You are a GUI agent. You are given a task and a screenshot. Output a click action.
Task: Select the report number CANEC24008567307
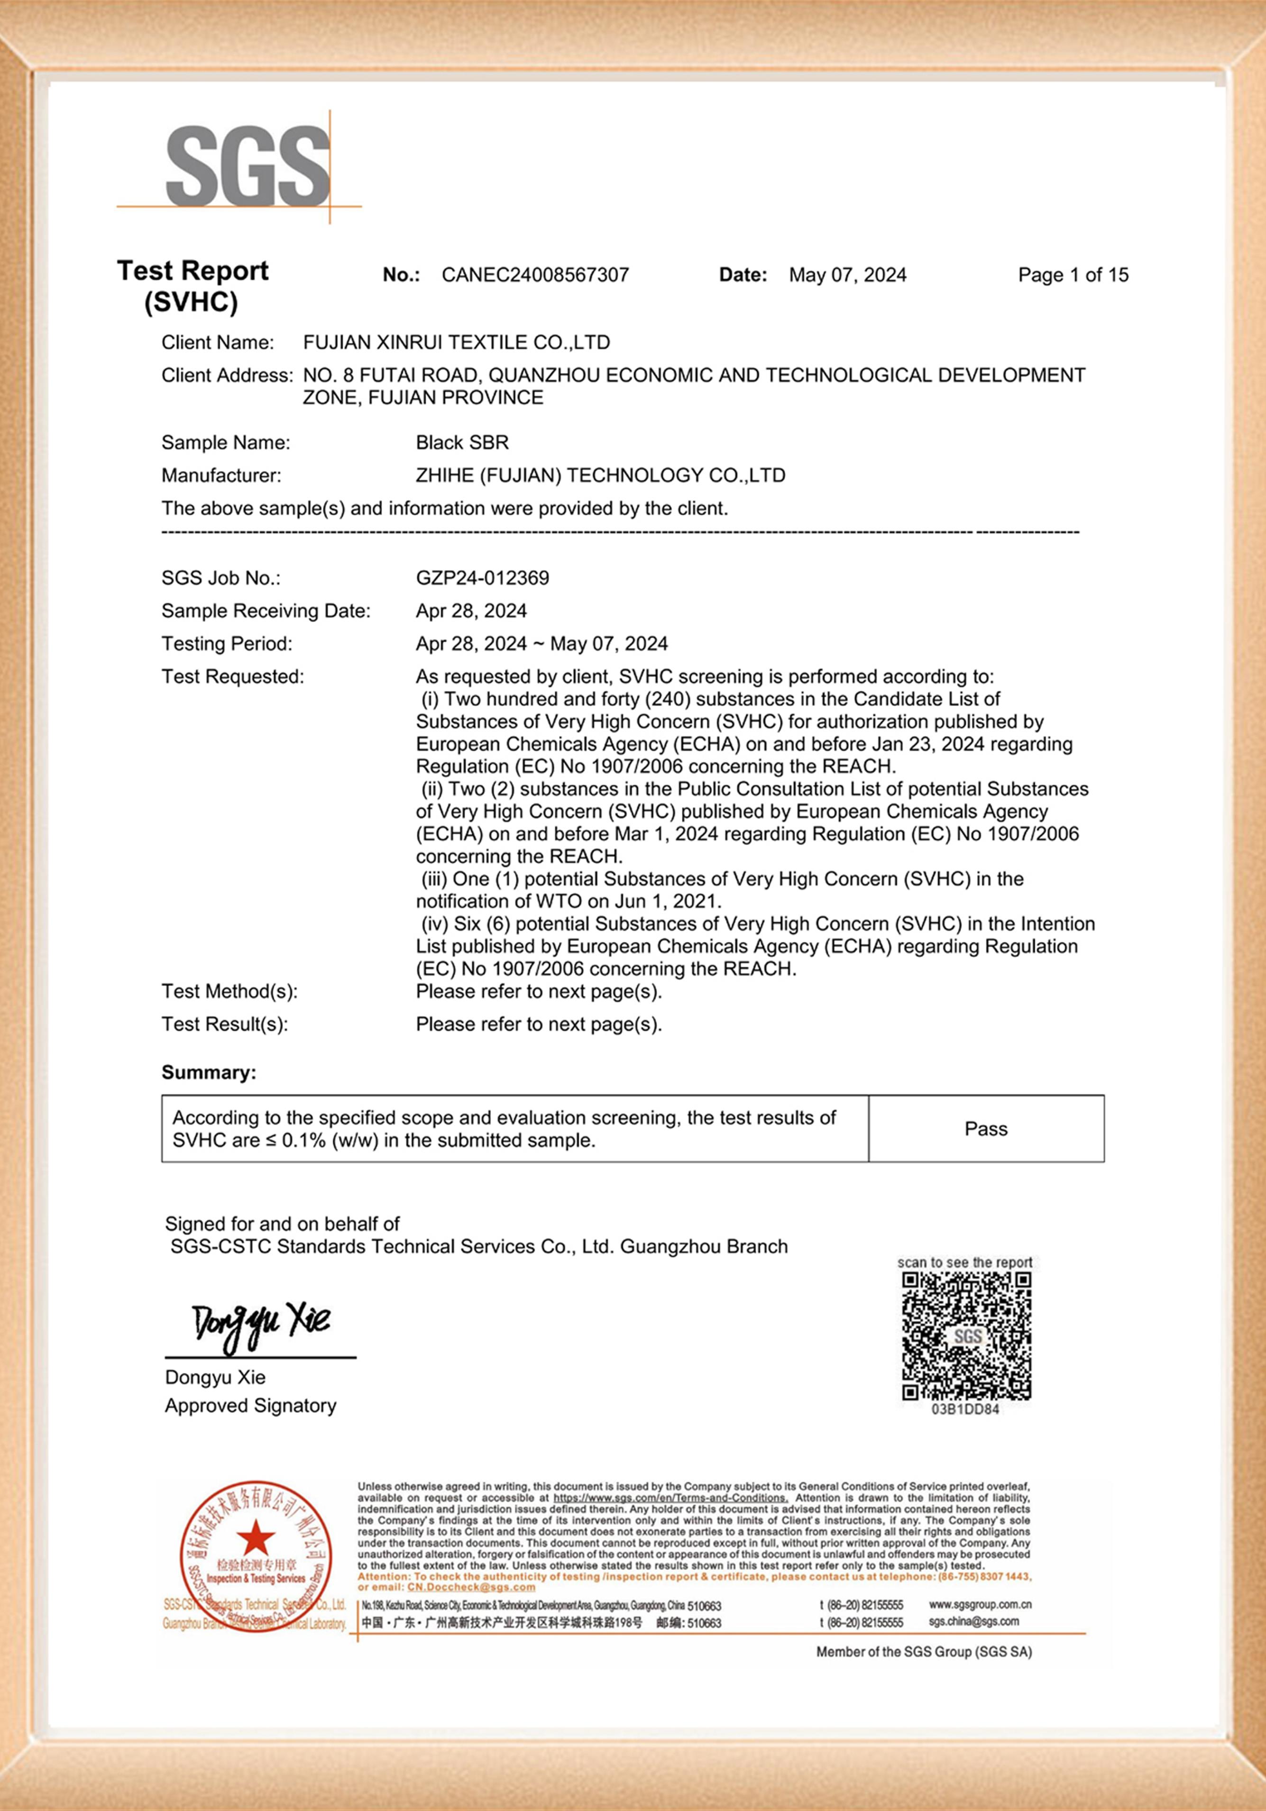(x=535, y=275)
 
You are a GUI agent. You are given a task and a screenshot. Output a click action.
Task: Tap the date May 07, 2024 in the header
(x=847, y=275)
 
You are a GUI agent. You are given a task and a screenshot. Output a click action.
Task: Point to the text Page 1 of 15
(x=1073, y=275)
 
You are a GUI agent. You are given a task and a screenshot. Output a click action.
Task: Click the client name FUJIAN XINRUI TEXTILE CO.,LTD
(x=456, y=342)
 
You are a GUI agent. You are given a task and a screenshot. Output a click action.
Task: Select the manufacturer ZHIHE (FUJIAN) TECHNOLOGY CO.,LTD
(x=600, y=476)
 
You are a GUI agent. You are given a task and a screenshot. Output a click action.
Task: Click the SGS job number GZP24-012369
(x=482, y=578)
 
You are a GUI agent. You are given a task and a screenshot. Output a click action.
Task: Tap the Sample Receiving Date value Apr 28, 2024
(x=471, y=611)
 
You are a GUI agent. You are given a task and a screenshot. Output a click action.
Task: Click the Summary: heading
(x=209, y=1073)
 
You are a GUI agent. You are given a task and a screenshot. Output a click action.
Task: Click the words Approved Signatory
(x=250, y=1406)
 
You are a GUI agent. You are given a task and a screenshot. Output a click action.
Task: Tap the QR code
(x=966, y=1336)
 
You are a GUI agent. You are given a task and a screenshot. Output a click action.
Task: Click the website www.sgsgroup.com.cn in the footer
(x=980, y=1604)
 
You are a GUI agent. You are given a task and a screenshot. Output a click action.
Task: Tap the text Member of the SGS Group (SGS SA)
(x=924, y=1652)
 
